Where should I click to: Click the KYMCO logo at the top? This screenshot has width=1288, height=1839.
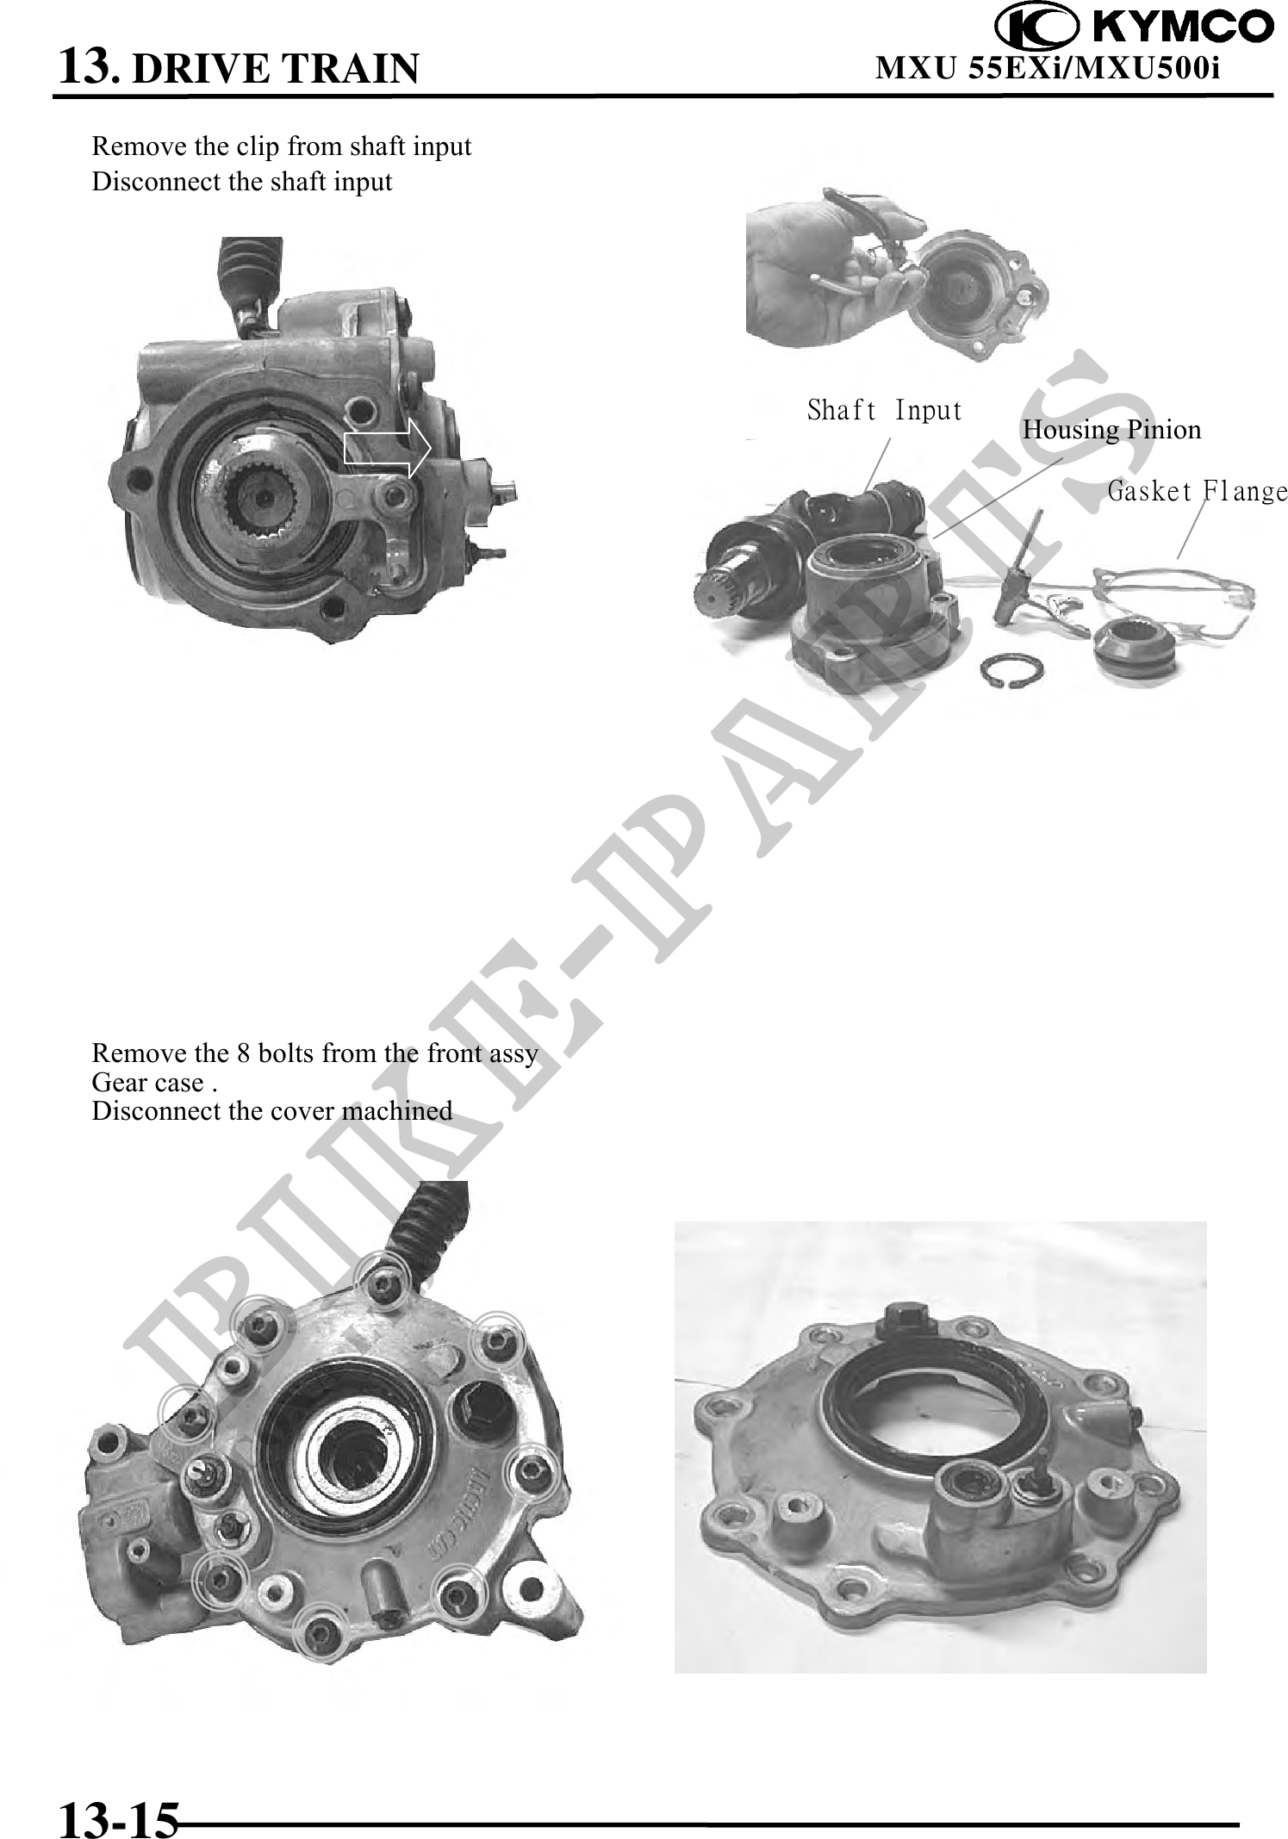pyautogui.click(x=1134, y=27)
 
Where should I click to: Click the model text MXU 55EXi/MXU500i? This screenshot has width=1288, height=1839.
pyautogui.click(x=1048, y=67)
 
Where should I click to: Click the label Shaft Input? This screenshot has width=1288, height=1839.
pyautogui.click(x=884, y=410)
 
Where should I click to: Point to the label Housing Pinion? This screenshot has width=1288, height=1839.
pyautogui.click(x=1111, y=429)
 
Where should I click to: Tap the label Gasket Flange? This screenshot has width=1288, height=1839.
pyautogui.click(x=1198, y=492)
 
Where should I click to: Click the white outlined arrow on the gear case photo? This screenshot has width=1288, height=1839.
pyautogui.click(x=388, y=448)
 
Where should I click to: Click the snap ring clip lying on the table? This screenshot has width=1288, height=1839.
pyautogui.click(x=1017, y=673)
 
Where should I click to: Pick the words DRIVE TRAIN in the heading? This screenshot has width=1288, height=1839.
pyautogui.click(x=276, y=68)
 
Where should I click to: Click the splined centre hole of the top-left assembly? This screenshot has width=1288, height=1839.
pyautogui.click(x=258, y=494)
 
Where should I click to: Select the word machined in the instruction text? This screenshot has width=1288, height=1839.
pyautogui.click(x=397, y=1110)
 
